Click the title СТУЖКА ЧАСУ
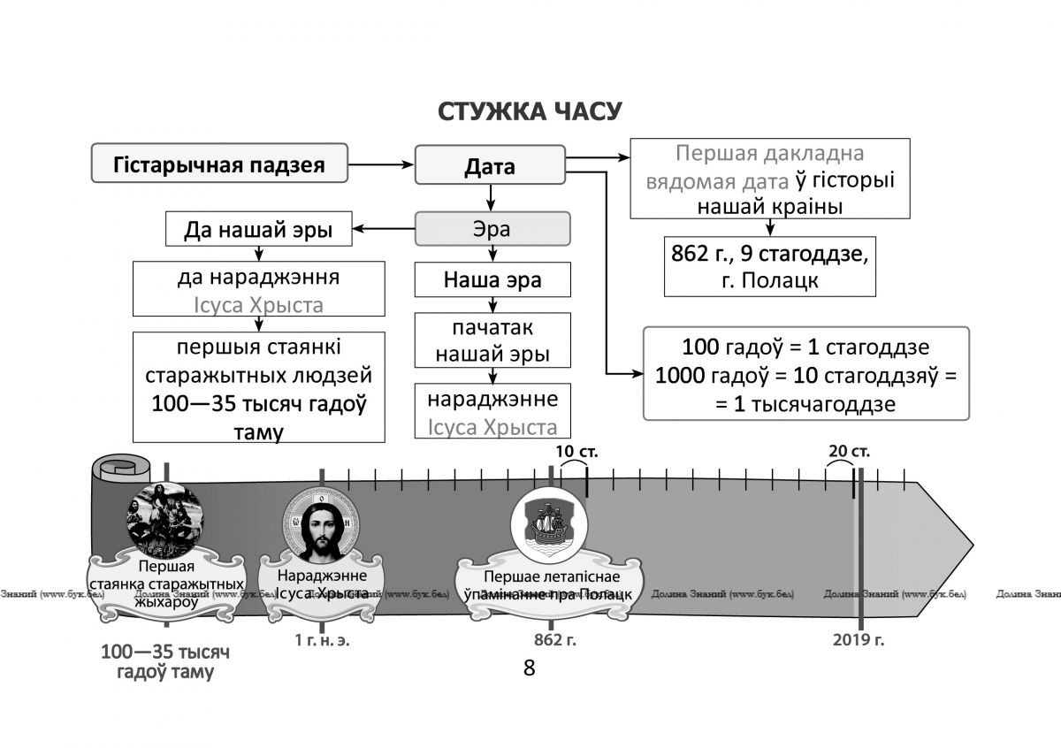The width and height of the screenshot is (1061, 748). click(530, 111)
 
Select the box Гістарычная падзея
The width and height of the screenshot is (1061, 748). click(219, 163)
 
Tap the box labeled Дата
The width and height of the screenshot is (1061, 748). click(490, 164)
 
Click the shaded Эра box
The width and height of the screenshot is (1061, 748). click(492, 229)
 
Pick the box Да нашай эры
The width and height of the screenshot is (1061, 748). click(258, 229)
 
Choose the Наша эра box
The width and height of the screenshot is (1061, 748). click(492, 279)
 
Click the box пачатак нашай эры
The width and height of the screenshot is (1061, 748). click(492, 340)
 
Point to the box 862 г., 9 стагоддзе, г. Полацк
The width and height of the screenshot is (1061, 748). click(770, 267)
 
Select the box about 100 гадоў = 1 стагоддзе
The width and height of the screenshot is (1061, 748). click(806, 373)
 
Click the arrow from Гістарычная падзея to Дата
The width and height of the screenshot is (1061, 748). click(381, 164)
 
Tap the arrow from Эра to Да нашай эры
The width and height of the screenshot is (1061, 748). click(384, 229)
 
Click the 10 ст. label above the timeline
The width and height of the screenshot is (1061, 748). click(576, 451)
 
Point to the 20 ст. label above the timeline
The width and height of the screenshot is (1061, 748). click(849, 451)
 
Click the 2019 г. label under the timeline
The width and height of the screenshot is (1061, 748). click(859, 640)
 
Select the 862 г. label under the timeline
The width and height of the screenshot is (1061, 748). click(554, 640)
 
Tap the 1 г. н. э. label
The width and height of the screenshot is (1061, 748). click(322, 640)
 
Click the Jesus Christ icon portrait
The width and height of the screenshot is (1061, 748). click(321, 525)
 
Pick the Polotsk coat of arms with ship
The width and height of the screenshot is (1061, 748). click(549, 525)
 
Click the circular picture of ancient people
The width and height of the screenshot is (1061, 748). click(165, 520)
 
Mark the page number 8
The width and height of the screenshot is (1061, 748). click(529, 668)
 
